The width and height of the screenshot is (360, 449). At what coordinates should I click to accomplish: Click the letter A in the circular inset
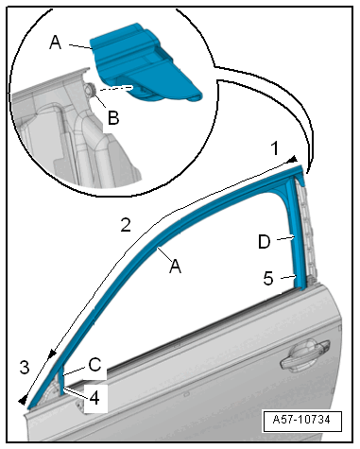[56, 43]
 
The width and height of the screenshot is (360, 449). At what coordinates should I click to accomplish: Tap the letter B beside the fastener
[113, 117]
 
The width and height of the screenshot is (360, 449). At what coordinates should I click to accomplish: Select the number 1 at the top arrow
[275, 148]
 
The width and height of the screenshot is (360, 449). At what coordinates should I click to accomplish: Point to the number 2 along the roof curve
[126, 225]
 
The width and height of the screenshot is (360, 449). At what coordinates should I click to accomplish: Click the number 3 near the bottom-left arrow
[25, 367]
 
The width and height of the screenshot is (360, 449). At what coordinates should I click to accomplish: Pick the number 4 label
[94, 398]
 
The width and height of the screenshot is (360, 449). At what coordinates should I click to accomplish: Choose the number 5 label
[268, 279]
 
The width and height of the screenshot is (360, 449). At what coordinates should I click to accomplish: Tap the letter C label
[94, 365]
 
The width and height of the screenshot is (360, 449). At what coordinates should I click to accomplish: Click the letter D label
[265, 242]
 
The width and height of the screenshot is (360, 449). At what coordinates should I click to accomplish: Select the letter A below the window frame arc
[175, 267]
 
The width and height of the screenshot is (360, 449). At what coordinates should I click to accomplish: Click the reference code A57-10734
[301, 420]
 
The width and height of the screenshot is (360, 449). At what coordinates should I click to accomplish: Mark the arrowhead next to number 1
[293, 160]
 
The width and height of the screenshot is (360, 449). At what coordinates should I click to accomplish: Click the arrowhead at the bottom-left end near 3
[23, 401]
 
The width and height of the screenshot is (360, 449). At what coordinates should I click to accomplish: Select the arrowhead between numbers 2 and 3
[52, 354]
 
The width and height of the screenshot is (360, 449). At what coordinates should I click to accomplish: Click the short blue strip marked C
[61, 379]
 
